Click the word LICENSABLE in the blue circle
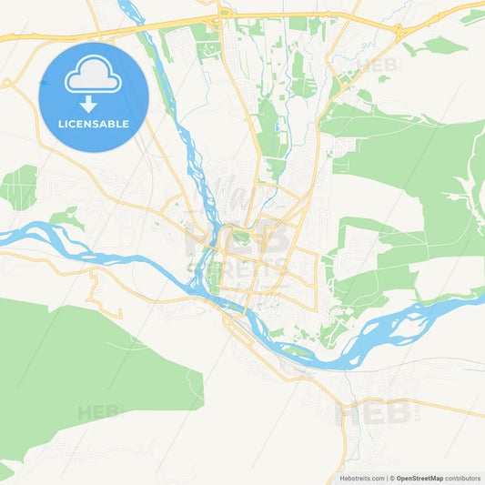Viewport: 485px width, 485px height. point(94,123)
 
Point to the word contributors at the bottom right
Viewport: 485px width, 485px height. point(463,478)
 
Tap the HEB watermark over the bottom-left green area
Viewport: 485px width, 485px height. point(100,411)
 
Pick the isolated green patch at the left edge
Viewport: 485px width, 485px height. point(18,187)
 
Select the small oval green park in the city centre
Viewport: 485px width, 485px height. point(240,238)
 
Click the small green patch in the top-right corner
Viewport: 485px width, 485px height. point(472,16)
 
